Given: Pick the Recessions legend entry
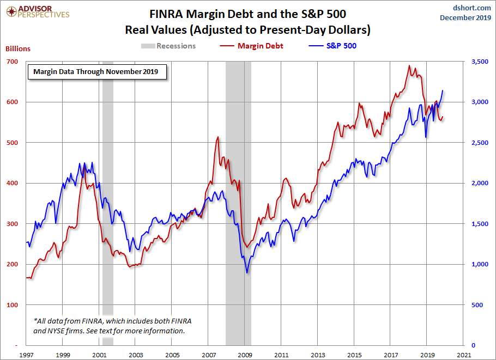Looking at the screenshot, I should [x=176, y=46].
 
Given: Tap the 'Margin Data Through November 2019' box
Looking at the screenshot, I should [x=96, y=71].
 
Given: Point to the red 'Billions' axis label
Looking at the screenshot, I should [x=18, y=48].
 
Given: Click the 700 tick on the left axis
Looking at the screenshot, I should [x=12, y=62].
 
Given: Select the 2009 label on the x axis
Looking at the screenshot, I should [x=245, y=355].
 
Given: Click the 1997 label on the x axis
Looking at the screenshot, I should [x=26, y=355].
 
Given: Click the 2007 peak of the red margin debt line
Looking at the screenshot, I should [x=218, y=137].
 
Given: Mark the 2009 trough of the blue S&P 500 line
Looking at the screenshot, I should [x=247, y=272].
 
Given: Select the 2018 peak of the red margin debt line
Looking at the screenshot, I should [x=409, y=66].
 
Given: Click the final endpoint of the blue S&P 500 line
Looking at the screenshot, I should [x=443, y=90].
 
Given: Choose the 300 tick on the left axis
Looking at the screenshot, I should [x=12, y=224].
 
